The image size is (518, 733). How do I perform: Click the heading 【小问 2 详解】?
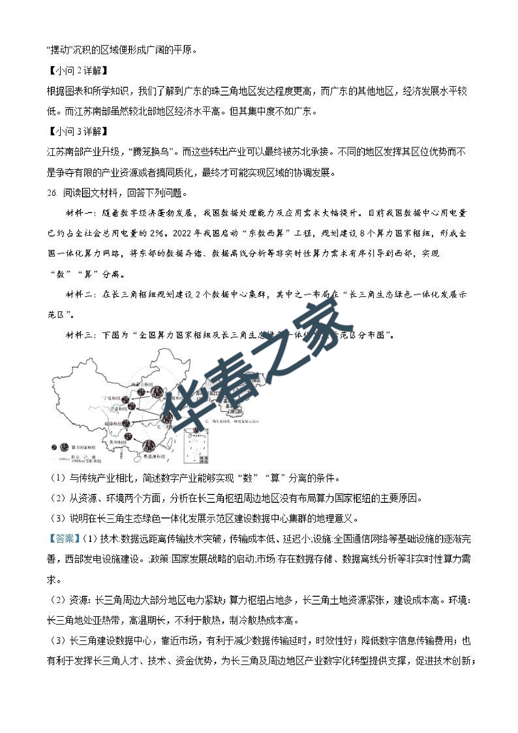(78, 70)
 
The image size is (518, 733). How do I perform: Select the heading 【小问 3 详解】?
(78, 131)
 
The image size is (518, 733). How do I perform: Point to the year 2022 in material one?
(182, 233)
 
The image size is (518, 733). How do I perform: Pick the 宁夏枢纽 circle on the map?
(126, 399)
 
